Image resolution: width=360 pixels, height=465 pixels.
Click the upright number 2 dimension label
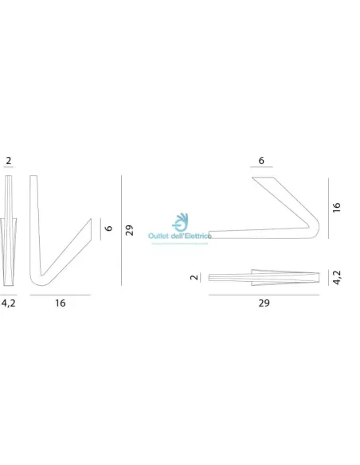click(8, 160)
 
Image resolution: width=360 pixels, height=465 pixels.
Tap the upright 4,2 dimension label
click(9, 302)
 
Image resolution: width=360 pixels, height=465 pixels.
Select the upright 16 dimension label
click(61, 302)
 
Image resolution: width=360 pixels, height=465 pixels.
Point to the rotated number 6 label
click(109, 228)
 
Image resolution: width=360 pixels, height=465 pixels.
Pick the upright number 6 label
click(261, 160)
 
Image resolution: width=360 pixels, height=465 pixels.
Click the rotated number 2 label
click(194, 277)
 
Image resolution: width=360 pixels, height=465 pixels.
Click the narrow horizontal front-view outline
click(263, 277)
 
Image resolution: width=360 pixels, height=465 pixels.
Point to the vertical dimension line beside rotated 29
click(120, 230)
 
